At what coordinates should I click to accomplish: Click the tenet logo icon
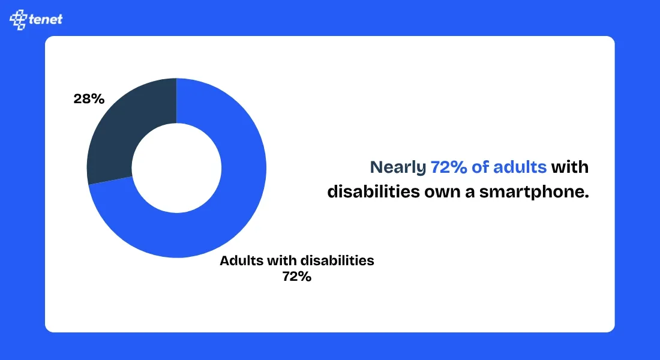coord(19,19)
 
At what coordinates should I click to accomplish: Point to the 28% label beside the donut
coord(89,99)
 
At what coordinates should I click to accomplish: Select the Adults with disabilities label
coord(296,262)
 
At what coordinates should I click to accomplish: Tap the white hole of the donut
coord(176,167)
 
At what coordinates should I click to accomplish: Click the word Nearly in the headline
coord(398,167)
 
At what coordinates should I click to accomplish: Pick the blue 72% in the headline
coord(449,167)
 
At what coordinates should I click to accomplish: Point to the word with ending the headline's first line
coord(570,167)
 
